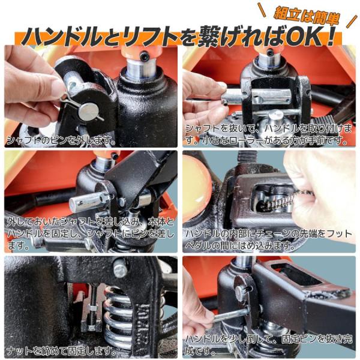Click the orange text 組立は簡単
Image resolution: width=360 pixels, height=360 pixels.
click(307, 16)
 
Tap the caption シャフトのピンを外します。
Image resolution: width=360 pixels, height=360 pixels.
click(61, 140)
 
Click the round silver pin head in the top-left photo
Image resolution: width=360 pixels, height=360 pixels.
click(88, 112)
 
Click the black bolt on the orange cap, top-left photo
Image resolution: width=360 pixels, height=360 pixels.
click(145, 56)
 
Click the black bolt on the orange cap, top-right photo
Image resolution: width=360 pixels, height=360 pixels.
click(270, 52)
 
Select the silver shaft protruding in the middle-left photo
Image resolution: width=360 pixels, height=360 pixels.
click(89, 202)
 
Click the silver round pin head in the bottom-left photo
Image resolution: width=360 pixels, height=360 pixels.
click(120, 270)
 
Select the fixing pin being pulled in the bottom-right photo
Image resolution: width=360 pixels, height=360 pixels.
click(232, 315)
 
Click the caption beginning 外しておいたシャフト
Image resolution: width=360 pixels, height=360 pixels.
click(91, 234)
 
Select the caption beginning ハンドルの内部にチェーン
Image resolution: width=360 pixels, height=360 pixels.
click(268, 240)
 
